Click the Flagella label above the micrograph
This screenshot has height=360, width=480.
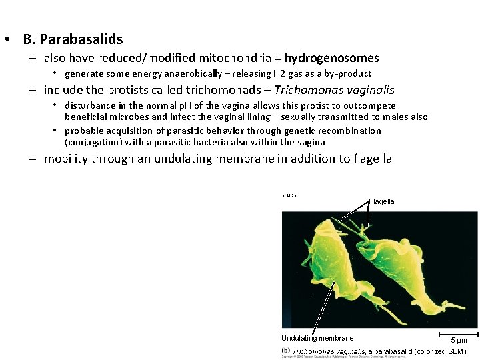[381, 201]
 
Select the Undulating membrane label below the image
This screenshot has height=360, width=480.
[317, 338]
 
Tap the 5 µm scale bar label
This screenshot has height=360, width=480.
[459, 340]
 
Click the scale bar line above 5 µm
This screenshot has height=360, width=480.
[459, 333]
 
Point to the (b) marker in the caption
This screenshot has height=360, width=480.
[285, 351]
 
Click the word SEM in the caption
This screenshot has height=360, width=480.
[457, 351]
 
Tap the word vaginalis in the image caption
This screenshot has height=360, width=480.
[348, 351]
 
